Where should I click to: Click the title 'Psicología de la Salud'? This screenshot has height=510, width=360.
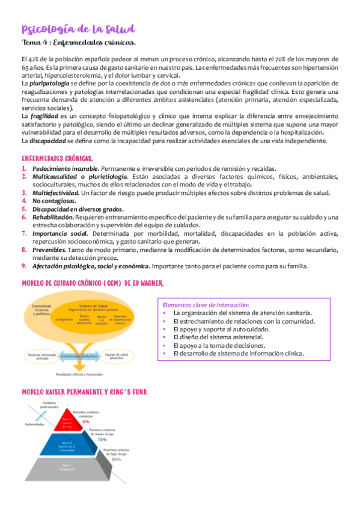coord(78,29)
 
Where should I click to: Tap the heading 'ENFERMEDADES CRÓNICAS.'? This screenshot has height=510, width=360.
coord(57,159)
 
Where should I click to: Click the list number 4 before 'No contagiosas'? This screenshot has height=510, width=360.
coord(24,200)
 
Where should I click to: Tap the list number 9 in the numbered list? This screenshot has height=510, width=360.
coord(24,266)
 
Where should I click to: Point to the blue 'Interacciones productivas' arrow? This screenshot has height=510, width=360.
coord(80,356)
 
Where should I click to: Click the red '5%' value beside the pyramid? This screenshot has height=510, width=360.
coord(94,422)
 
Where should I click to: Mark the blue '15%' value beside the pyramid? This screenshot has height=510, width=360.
coord(103,438)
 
